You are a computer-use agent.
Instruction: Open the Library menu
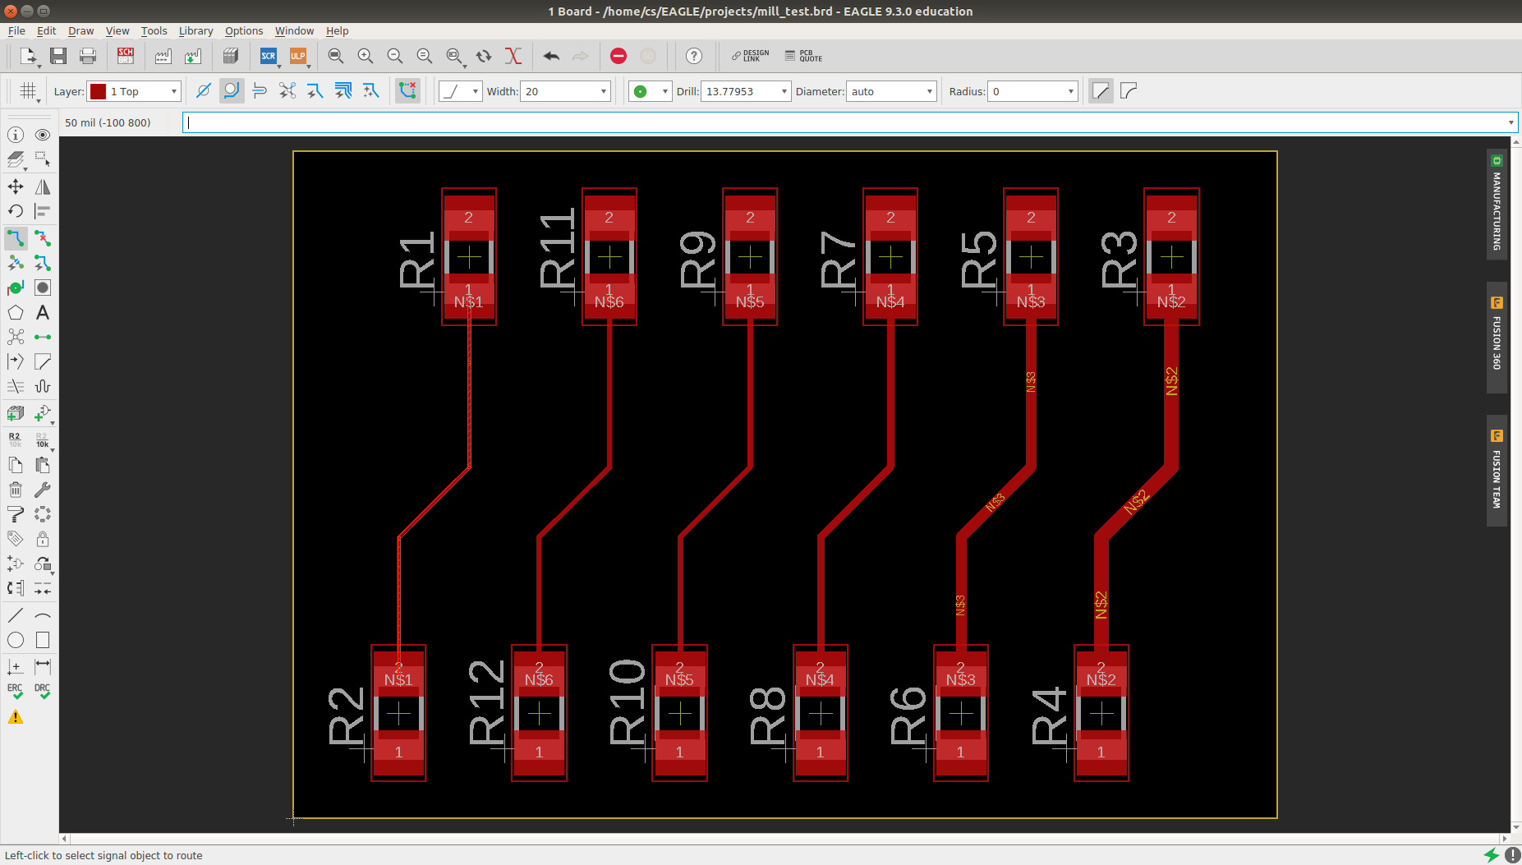195,31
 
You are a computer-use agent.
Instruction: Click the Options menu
244,31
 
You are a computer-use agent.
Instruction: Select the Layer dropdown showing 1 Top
135,91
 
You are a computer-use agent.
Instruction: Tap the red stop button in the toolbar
618,56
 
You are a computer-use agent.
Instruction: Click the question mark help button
694,56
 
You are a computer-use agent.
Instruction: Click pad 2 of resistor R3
1171,217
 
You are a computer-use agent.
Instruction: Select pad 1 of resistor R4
1101,752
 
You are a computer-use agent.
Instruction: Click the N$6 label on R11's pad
609,302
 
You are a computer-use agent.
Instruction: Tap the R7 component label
839,260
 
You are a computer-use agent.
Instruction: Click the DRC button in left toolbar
43,692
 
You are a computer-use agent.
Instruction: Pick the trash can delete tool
16,490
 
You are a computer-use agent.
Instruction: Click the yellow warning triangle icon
16,717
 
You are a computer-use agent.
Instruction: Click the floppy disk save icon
58,56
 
